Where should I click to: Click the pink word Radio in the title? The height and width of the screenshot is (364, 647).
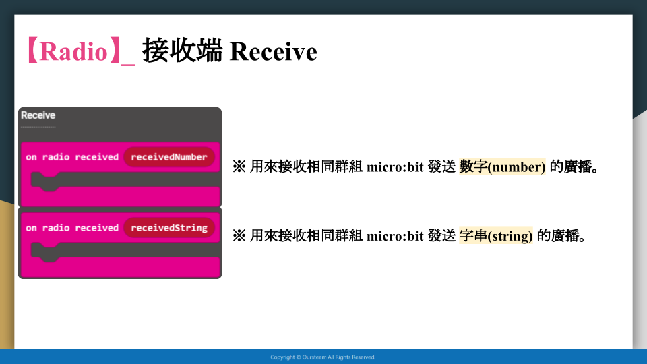click(x=73, y=52)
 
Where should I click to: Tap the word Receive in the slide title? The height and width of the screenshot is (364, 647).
click(x=273, y=52)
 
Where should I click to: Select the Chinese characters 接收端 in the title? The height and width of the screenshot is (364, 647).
click(x=183, y=51)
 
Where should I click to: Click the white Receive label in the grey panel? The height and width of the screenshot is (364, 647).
click(x=38, y=115)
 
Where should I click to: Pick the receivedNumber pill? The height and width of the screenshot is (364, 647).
click(x=168, y=157)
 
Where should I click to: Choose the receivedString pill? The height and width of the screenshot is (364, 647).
click(x=168, y=228)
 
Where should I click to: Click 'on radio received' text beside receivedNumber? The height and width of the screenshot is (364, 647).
click(x=72, y=157)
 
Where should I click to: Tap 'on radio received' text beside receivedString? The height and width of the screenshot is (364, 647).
click(x=72, y=228)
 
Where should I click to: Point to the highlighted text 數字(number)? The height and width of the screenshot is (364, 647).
click(x=502, y=166)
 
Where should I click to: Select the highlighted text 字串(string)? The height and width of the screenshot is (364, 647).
click(x=496, y=236)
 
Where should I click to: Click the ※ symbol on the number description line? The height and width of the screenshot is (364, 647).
click(x=239, y=166)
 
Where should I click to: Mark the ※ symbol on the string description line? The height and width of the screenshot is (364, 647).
click(x=239, y=236)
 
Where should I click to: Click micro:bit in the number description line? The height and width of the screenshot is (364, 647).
click(x=395, y=167)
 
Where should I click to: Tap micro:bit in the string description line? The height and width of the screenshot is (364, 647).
click(x=395, y=236)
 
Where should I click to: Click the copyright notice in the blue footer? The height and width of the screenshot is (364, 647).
click(x=323, y=357)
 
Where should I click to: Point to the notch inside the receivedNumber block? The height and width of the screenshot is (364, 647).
click(x=49, y=185)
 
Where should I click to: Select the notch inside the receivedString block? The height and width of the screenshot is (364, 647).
click(x=49, y=255)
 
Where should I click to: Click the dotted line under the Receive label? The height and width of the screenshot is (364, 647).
click(x=38, y=127)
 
